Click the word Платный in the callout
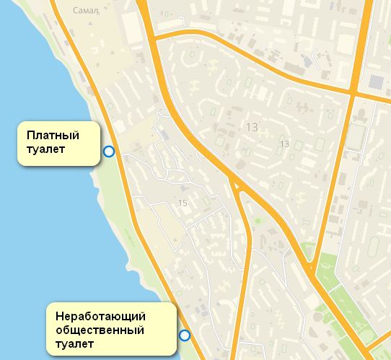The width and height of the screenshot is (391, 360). [x=52, y=135]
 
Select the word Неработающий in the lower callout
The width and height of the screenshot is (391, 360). [x=101, y=317]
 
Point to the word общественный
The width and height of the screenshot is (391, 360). [x=100, y=330]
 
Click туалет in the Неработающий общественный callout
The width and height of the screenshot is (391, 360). [x=74, y=344]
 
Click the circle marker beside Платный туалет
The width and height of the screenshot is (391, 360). [x=109, y=151]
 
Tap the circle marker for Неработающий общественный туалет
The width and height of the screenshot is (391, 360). [x=185, y=335]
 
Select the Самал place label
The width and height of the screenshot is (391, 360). [x=86, y=11]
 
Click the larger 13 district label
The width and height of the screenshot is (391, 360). [x=252, y=128]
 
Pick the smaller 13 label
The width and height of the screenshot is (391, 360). [x=284, y=144]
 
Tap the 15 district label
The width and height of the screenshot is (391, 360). [x=183, y=203]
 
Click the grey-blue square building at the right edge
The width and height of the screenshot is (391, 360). [x=378, y=83]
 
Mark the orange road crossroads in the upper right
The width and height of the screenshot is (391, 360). [x=353, y=93]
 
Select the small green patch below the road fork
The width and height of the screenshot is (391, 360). [x=256, y=221]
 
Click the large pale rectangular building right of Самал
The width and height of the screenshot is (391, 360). [x=132, y=27]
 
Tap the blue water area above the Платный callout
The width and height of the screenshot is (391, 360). [x=29, y=72]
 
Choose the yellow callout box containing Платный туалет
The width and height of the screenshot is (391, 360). [x=58, y=144]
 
